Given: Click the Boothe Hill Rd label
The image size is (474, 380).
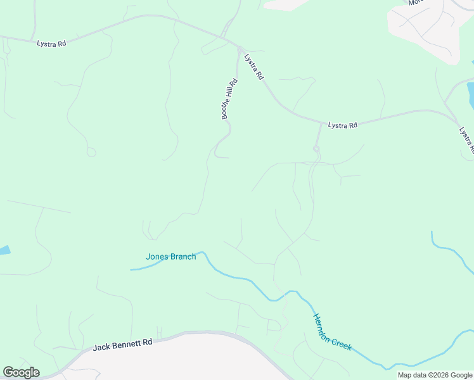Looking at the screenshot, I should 229,99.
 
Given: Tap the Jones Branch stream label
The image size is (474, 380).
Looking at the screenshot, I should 170,256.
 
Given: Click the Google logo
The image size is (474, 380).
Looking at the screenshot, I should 21,372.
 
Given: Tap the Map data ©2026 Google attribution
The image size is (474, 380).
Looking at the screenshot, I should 435,375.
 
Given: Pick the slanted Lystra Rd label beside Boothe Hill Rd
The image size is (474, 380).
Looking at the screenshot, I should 253,66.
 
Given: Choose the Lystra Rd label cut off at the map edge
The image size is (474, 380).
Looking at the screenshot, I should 467,140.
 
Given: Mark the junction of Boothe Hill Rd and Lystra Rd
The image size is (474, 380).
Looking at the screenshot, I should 239,47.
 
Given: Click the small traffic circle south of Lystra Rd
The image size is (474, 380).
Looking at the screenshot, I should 316,149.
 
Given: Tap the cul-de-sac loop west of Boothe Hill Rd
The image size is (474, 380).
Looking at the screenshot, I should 91,152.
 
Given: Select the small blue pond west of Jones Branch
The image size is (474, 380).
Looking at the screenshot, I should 4,250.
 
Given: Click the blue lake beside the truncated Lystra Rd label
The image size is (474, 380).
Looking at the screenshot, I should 470,95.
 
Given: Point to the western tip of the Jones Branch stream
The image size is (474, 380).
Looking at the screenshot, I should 132,270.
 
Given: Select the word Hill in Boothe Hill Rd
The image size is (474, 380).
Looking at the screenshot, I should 229,97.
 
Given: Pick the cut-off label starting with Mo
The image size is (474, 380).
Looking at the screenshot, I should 416,3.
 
